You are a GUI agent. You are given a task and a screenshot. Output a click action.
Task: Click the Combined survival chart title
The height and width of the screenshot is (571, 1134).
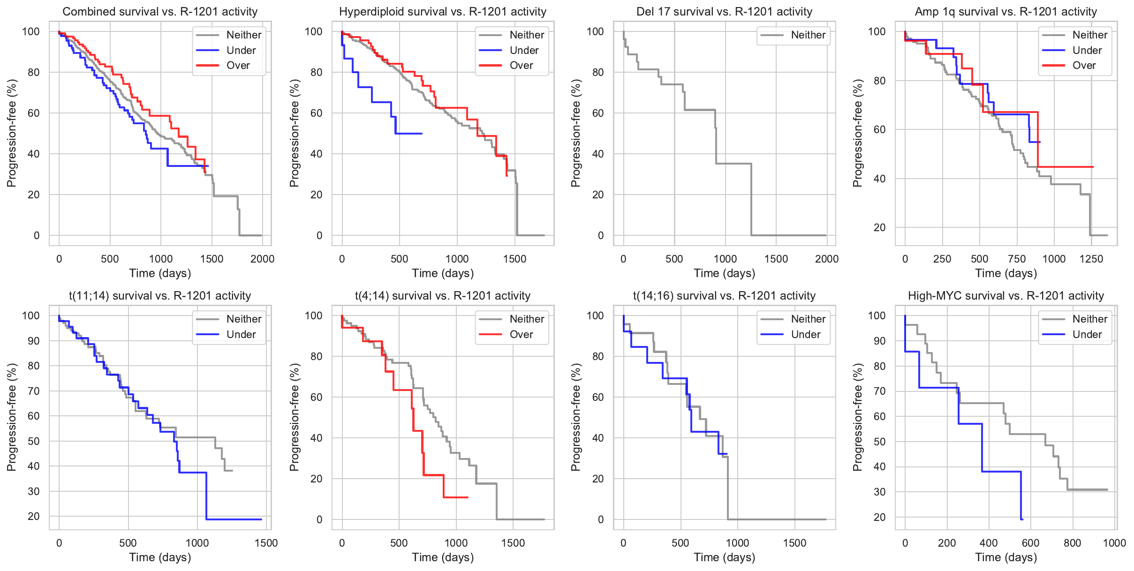[160, 12]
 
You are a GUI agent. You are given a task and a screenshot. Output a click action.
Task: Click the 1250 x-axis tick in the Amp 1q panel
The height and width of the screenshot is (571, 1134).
[1091, 259]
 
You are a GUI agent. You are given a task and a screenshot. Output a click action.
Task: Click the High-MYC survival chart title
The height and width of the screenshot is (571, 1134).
[1006, 296]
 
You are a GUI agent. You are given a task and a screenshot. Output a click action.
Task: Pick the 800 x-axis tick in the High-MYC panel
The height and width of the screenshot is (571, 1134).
[1072, 543]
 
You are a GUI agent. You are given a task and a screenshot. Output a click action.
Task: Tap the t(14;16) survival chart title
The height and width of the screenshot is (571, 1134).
[724, 296]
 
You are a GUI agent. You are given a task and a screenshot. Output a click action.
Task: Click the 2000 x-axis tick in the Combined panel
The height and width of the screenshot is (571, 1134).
[262, 259]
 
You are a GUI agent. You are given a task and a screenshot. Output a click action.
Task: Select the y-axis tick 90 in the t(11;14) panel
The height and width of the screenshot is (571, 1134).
[34, 341]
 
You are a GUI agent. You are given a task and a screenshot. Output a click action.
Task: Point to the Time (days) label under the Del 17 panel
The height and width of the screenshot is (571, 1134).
[724, 273]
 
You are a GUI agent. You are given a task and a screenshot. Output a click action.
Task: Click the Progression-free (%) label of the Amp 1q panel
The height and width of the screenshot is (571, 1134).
[858, 133]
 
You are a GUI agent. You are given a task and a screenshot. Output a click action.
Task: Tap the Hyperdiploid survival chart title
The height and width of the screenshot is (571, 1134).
[443, 12]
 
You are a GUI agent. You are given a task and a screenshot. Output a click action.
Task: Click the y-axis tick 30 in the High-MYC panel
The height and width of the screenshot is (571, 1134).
[879, 492]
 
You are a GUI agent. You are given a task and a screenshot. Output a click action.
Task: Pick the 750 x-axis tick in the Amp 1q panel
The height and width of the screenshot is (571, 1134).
[1017, 259]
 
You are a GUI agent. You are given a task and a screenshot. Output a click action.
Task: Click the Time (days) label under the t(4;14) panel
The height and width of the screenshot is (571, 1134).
[443, 557]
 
